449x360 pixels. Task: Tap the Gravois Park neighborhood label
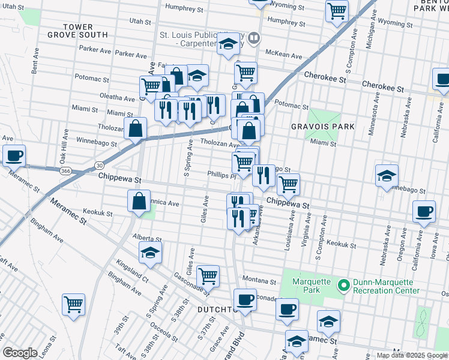click(322, 127)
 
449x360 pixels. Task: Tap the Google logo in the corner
click(20, 353)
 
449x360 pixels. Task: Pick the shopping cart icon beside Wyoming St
click(337, 11)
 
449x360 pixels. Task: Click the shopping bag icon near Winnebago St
click(136, 128)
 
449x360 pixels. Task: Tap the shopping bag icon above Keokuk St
click(139, 202)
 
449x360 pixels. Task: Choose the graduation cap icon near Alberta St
click(150, 253)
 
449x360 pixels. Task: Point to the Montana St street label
click(258, 280)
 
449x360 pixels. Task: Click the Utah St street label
click(140, 21)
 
